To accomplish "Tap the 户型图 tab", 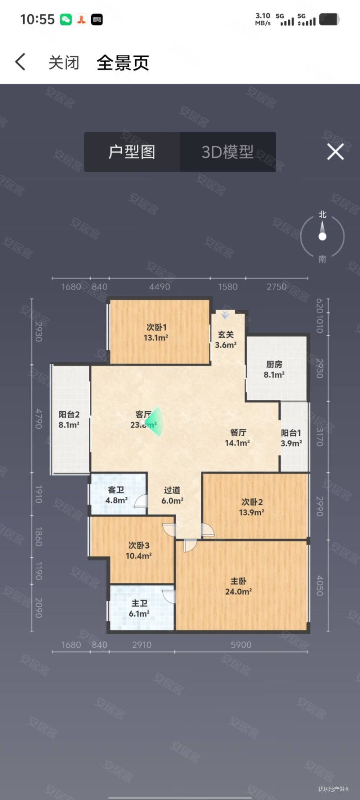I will tap(132, 152).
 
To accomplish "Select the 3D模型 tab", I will tap(228, 152).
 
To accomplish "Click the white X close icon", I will tap(335, 152).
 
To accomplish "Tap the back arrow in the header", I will tap(20, 62).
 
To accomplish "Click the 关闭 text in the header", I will tap(64, 63).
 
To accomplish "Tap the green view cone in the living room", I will tap(157, 421).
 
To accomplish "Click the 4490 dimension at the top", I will tap(160, 287).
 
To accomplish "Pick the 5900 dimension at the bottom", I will tap(241, 645).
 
